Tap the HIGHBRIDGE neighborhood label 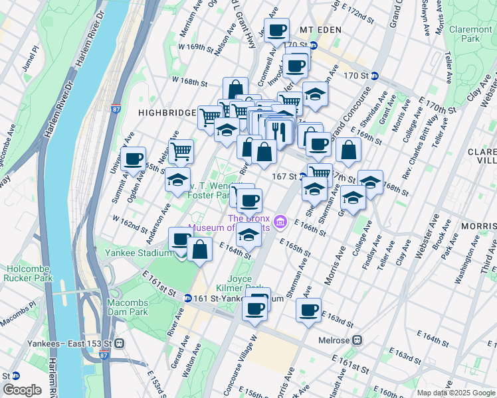[167, 113]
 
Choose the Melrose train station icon [357, 340]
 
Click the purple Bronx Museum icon [280, 220]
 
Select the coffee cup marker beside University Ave [134, 160]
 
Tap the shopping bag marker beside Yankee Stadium [199, 250]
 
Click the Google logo [21, 389]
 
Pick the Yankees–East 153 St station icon [120, 344]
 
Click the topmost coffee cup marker [276, 31]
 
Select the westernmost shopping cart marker [181, 152]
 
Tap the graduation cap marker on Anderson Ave [178, 180]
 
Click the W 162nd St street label [130, 224]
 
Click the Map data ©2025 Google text [455, 393]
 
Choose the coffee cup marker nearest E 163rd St [308, 312]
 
